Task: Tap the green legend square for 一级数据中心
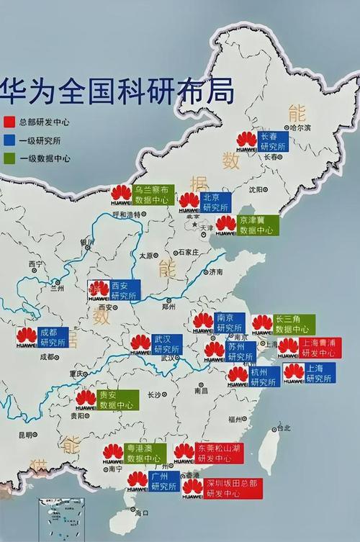9,158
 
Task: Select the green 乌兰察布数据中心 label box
153,194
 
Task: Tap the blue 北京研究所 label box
216,202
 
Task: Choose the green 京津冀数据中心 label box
256,225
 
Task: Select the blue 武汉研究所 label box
167,344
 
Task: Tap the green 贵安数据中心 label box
118,400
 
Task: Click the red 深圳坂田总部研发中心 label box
232,488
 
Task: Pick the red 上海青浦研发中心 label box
320,348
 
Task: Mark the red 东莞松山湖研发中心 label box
220,453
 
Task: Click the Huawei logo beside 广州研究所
138,480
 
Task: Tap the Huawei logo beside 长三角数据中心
262,324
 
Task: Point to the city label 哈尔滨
300,127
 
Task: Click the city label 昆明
26,434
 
